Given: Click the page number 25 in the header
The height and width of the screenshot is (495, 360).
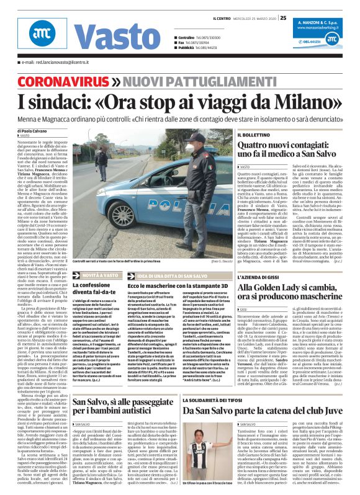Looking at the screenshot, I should pyautogui.click(x=283, y=17).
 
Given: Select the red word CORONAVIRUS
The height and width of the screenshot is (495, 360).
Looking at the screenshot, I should pyautogui.click(x=54, y=81).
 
